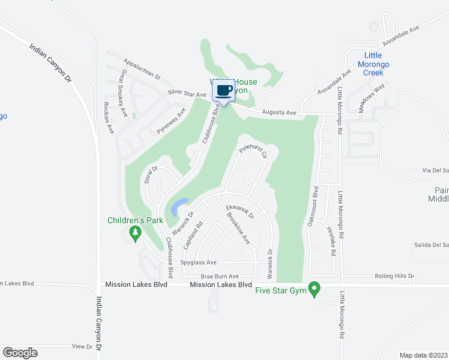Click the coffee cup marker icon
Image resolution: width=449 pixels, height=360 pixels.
tap(223, 91)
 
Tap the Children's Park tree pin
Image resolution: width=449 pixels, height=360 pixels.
tap(135, 232)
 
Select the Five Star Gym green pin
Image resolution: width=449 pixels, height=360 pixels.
tap(313, 290)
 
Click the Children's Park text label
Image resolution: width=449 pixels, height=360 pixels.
tap(135, 220)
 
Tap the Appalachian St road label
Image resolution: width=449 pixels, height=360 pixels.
tap(142, 69)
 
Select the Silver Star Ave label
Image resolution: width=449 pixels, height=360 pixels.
tap(187, 94)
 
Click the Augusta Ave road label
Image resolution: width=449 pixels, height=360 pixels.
tap(279, 112)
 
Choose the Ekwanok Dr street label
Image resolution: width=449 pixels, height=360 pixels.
tap(240, 212)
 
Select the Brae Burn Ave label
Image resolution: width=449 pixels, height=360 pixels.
tap(220, 276)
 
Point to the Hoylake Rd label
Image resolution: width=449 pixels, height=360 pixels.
tap(331, 241)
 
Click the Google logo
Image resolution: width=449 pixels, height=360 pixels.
tap(20, 352)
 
